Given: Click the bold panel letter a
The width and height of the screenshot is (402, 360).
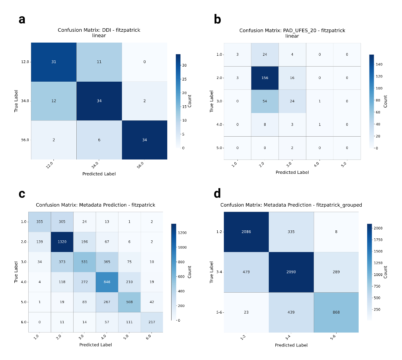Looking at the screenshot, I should click(x=22, y=19).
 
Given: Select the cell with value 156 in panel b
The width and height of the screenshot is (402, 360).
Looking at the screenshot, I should click(x=265, y=78).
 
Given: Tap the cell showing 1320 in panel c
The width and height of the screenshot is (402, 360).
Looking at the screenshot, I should click(x=62, y=242).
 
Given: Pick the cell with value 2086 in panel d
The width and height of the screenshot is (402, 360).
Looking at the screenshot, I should click(x=246, y=231).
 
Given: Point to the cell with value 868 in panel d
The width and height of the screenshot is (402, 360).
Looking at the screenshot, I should click(x=336, y=312).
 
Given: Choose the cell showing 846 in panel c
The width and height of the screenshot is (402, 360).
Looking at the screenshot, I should click(x=107, y=282).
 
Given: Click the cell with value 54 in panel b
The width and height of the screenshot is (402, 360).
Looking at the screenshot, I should click(x=265, y=101).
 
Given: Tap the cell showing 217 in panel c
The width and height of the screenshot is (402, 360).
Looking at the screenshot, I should click(x=151, y=322).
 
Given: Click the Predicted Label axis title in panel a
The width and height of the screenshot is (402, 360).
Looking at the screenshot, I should click(x=99, y=174).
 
